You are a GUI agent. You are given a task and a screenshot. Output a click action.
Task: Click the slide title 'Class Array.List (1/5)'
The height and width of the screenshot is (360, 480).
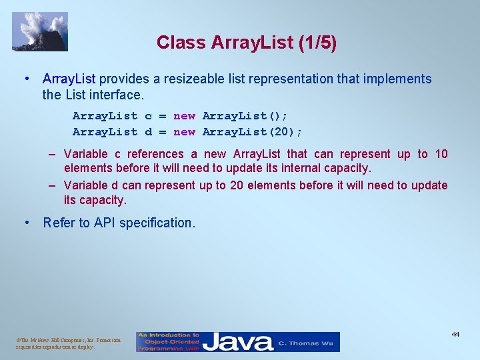click(246, 43)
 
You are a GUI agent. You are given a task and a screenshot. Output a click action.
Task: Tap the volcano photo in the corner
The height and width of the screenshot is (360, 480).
click(40, 31)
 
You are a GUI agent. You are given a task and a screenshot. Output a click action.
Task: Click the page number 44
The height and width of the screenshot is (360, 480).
click(455, 334)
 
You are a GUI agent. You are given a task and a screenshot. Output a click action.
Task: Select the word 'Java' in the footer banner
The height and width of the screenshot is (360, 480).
click(238, 342)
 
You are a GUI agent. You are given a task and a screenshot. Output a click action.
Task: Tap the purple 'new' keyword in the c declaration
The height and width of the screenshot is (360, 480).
click(184, 116)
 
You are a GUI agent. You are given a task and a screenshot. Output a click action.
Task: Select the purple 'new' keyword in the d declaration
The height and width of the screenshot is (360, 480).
click(184, 132)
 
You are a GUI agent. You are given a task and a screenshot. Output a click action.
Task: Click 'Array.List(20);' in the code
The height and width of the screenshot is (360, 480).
click(252, 132)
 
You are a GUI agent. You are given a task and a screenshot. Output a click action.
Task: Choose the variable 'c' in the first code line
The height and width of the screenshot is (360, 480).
click(148, 116)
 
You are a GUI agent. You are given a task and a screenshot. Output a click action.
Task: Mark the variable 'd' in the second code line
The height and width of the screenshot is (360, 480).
click(148, 132)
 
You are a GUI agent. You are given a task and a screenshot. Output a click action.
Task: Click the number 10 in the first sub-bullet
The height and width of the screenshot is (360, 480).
click(441, 155)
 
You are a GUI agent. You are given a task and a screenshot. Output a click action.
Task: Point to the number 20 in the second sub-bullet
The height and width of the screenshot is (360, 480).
click(236, 185)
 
